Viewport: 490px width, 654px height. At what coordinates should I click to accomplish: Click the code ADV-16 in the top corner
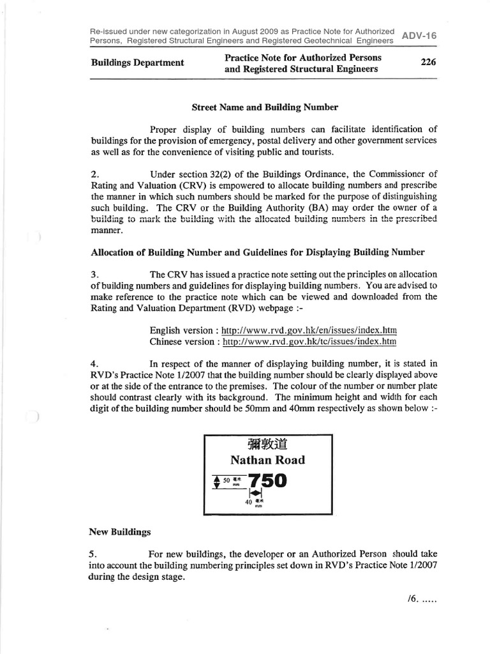(x=419, y=36)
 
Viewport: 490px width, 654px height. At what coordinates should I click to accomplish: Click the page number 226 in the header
(x=427, y=63)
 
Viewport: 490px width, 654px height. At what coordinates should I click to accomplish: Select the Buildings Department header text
(x=137, y=63)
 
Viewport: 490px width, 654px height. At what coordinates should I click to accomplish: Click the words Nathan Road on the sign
(x=267, y=460)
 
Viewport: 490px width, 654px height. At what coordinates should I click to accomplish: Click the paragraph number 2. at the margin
(x=95, y=174)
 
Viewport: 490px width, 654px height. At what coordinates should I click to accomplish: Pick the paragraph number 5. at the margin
(x=95, y=554)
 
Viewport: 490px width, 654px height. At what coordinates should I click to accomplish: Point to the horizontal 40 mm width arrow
(x=256, y=493)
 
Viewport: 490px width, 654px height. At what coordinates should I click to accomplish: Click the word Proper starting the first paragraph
(x=165, y=130)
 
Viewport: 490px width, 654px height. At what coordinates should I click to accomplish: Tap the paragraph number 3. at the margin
(x=95, y=274)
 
